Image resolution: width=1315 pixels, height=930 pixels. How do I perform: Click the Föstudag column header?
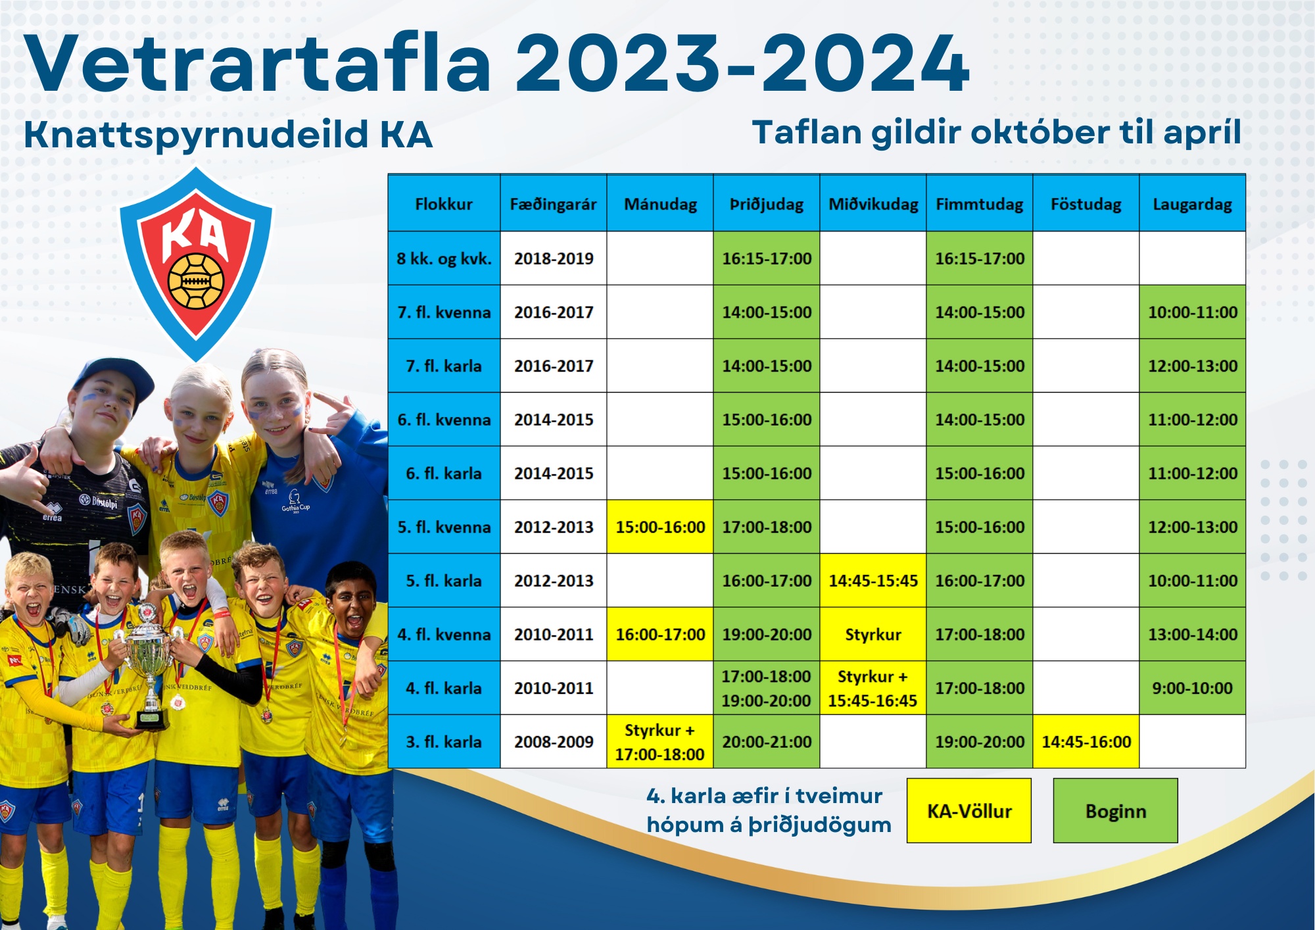click(1086, 203)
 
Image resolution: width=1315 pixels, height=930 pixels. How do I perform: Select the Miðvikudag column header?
click(873, 203)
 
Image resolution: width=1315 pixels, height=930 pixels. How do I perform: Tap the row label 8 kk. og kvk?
click(444, 258)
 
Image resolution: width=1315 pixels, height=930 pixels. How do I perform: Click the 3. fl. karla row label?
click(444, 741)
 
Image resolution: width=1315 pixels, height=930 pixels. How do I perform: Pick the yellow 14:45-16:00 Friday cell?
click(1086, 741)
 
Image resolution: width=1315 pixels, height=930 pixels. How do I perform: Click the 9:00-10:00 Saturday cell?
click(1193, 688)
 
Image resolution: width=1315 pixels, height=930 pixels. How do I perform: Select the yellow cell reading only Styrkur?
click(873, 634)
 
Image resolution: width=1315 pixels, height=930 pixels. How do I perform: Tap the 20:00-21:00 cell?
click(767, 741)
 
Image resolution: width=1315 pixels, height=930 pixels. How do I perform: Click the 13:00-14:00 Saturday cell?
click(1193, 634)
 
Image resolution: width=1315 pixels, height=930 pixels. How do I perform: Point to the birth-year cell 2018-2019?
click(554, 258)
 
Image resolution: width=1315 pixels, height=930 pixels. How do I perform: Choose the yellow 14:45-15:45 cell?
click(873, 580)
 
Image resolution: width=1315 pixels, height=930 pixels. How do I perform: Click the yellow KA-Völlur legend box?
click(969, 810)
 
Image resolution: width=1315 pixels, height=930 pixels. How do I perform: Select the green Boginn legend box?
click(1116, 810)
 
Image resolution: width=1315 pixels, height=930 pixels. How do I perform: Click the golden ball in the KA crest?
click(196, 281)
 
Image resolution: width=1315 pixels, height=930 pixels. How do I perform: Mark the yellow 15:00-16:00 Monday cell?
click(660, 527)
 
